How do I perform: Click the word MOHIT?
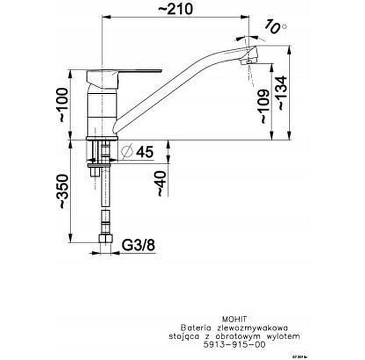[x=235, y=319]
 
